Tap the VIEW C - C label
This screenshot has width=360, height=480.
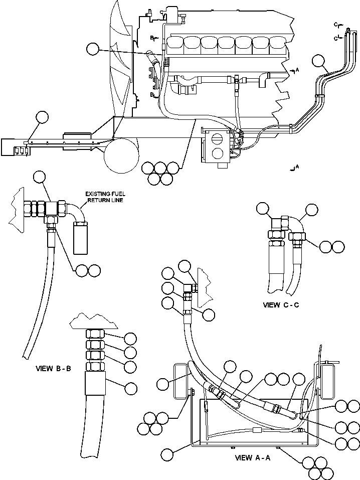point(281,305)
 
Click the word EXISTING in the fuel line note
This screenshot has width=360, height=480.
point(97,194)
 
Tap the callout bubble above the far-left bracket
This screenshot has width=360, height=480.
point(42,117)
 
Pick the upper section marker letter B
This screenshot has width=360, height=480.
point(151,37)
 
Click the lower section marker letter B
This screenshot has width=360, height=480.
point(151,94)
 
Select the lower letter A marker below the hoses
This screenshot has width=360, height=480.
point(297,166)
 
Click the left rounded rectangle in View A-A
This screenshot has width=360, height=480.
point(180,381)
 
